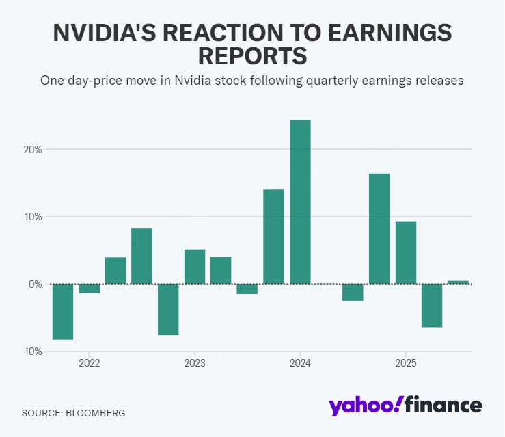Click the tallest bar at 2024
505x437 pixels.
[x=300, y=202]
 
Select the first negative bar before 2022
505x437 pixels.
[x=63, y=311]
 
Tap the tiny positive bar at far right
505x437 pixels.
[x=458, y=282]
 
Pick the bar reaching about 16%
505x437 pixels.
[x=379, y=229]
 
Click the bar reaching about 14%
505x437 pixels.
[x=273, y=237]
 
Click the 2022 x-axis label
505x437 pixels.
[x=89, y=362]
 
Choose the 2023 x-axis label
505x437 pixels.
[x=195, y=362]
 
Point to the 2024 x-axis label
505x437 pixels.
[x=300, y=362]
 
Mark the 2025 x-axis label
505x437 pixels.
[x=406, y=362]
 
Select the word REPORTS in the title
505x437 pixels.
[x=252, y=57]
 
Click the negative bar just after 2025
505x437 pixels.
[x=432, y=305]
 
